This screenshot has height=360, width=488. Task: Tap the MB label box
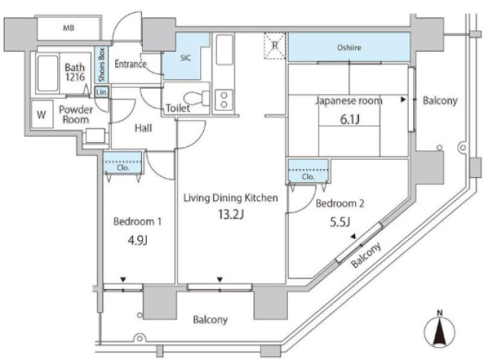click(x=69, y=28)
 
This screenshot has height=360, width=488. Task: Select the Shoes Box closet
click(x=102, y=65)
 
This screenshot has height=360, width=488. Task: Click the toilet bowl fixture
click(x=197, y=98)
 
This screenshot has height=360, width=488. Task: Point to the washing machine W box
click(x=42, y=115)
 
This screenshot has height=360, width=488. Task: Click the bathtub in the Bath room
click(x=47, y=73)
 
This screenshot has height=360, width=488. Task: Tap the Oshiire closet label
click(x=349, y=47)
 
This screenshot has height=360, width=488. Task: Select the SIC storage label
click(x=186, y=58)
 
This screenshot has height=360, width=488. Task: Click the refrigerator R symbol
click(x=275, y=45)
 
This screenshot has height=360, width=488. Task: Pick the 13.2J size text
click(x=231, y=215)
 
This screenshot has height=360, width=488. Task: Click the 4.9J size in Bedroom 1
click(x=137, y=240)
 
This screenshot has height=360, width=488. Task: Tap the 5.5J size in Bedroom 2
click(x=340, y=222)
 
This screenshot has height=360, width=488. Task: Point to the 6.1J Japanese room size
click(x=350, y=119)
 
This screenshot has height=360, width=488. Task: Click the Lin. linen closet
click(x=102, y=92)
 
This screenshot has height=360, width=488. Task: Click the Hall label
click(x=144, y=128)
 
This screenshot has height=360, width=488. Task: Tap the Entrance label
click(x=131, y=64)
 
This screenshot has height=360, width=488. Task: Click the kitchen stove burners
click(x=224, y=99)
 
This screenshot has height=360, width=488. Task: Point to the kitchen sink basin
click(x=225, y=50)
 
